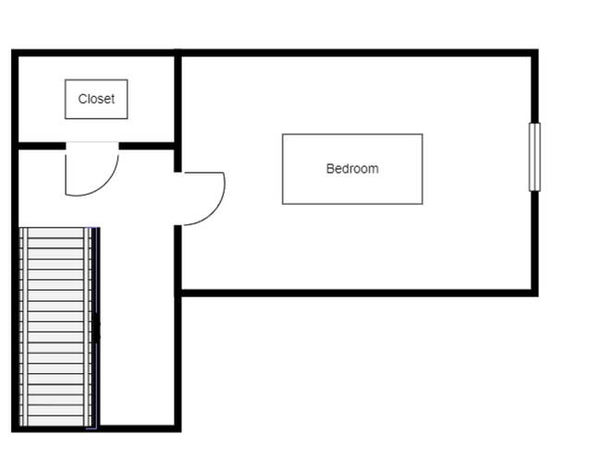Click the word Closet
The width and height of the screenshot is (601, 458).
tap(96, 99)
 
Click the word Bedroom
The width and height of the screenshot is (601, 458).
tap(352, 169)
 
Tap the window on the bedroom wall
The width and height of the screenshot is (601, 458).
tap(534, 157)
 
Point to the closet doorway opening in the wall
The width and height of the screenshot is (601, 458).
tap(92, 146)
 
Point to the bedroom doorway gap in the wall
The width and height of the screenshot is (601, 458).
tap(178, 199)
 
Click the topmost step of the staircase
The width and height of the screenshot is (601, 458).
tap(55, 233)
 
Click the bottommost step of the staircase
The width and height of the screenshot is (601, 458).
tap(55, 421)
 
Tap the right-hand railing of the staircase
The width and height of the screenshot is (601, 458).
tap(89, 327)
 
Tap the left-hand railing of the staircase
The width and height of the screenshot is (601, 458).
tap(23, 327)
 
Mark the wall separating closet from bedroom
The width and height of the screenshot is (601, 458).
tap(178, 100)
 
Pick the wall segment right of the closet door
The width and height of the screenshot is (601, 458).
tap(146, 146)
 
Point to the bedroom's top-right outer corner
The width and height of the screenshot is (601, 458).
tap(538, 49)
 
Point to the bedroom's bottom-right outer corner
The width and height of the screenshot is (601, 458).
tap(538, 296)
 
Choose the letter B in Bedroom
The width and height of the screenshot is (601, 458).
tap(330, 169)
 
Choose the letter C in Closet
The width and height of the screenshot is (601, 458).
tap(82, 99)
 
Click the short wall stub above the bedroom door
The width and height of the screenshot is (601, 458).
tap(178, 161)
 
